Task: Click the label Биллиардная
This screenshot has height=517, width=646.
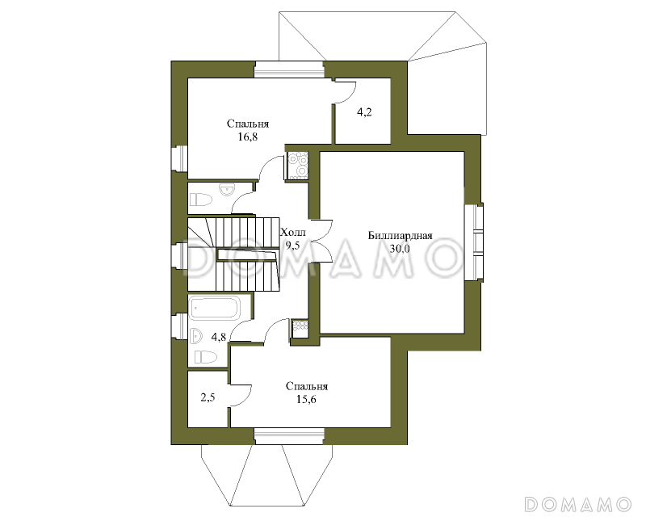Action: [400, 236]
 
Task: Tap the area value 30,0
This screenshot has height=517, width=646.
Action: [400, 249]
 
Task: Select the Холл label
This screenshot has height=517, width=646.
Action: [293, 233]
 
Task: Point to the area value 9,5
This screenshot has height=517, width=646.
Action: [293, 246]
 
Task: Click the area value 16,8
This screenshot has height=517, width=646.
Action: [248, 137]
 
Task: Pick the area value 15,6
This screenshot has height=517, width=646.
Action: [306, 399]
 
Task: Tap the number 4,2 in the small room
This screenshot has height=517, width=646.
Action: [364, 111]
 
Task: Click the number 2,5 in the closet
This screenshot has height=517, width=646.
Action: [208, 398]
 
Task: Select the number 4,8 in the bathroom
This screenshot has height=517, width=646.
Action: [218, 337]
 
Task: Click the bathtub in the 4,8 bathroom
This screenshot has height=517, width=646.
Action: [214, 309]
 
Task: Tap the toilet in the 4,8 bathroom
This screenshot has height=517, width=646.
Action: [204, 357]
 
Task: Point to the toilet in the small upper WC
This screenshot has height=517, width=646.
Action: [201, 200]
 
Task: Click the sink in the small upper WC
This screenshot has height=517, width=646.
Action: [227, 190]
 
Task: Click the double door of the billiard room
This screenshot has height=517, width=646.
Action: [321, 241]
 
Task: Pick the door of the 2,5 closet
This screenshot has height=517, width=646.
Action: [240, 395]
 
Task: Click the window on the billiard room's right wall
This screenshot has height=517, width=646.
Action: [474, 243]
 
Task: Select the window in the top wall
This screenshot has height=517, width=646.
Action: [289, 69]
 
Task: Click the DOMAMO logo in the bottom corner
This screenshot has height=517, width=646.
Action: [577, 504]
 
